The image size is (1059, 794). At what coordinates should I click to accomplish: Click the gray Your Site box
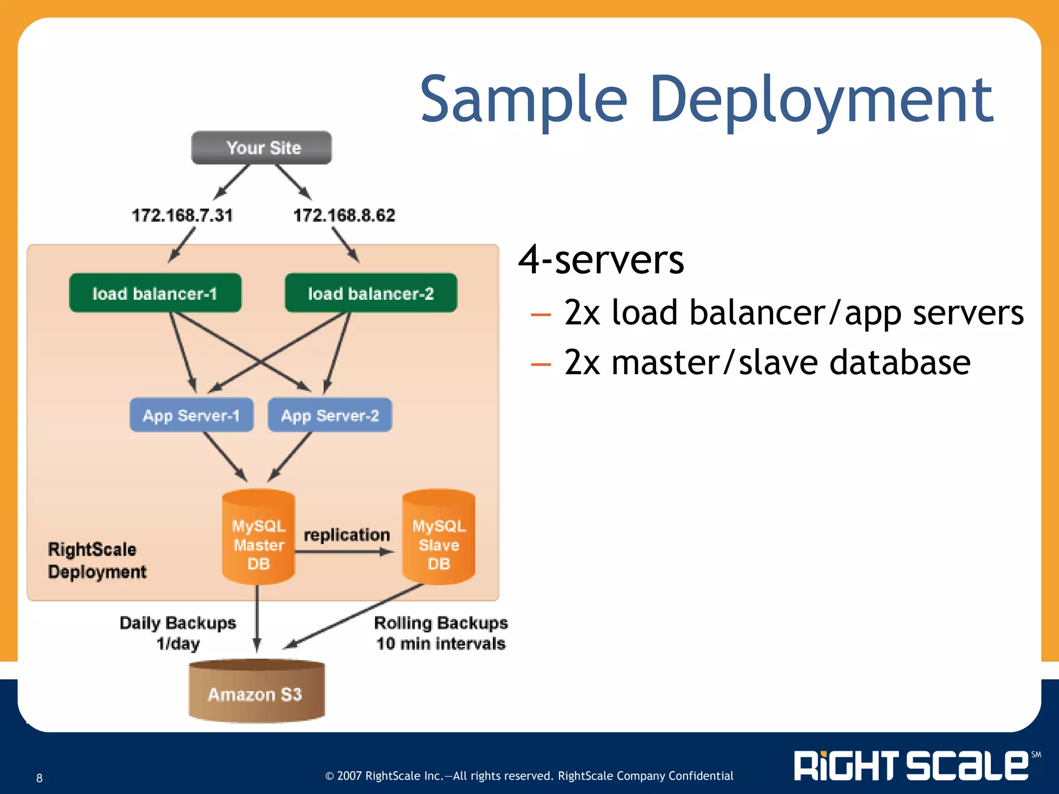click(x=262, y=148)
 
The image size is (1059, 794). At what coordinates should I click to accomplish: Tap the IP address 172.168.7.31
click(x=182, y=215)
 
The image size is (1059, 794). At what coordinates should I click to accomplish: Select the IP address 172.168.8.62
click(x=344, y=215)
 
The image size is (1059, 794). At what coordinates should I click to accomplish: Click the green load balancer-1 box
click(x=155, y=293)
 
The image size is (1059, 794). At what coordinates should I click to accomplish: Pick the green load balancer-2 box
click(x=371, y=293)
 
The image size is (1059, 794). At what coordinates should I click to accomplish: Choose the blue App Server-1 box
click(x=191, y=415)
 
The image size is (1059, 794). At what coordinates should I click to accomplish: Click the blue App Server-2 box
click(x=330, y=415)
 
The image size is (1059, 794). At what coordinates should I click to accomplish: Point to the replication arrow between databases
click(x=344, y=552)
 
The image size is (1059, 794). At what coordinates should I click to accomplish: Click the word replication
click(x=346, y=535)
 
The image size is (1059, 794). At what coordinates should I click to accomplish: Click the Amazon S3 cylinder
click(x=256, y=693)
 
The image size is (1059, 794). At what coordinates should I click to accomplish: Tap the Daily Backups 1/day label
click(x=178, y=633)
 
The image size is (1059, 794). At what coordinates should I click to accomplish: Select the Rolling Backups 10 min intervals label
click(x=441, y=633)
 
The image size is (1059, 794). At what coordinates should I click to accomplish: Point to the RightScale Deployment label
click(x=97, y=560)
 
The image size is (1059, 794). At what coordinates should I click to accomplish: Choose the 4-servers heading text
click(x=601, y=259)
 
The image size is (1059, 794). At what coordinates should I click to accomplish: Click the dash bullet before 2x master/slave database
click(x=541, y=364)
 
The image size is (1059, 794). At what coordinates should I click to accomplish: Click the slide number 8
click(x=39, y=778)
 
